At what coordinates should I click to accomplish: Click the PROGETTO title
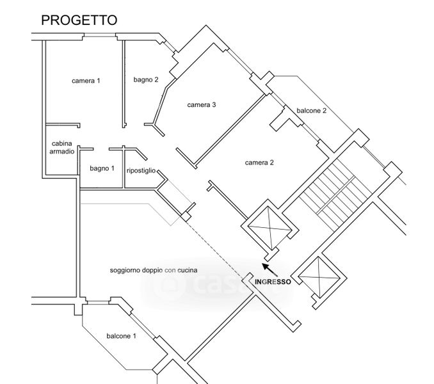[79, 20]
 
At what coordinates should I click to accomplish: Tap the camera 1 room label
[86, 81]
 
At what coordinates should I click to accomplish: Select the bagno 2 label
[146, 79]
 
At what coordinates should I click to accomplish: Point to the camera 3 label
[202, 105]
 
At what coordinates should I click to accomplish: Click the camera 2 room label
[259, 163]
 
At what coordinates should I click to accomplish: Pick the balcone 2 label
[311, 111]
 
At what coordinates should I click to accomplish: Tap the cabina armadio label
[61, 147]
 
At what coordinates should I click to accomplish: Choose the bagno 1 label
[102, 168]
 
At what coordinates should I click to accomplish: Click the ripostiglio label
[141, 171]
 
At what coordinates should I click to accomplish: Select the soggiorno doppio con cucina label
[154, 270]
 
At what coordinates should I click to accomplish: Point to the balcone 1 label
[121, 336]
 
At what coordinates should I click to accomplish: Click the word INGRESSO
[273, 282]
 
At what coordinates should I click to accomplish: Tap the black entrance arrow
[270, 269]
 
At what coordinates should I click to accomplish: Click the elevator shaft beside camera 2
[269, 228]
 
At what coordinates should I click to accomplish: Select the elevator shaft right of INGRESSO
[319, 278]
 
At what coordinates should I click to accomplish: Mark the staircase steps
[335, 195]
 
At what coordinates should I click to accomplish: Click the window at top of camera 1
[100, 35]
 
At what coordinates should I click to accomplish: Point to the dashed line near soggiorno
[216, 247]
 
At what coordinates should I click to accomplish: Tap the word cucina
[188, 270]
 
